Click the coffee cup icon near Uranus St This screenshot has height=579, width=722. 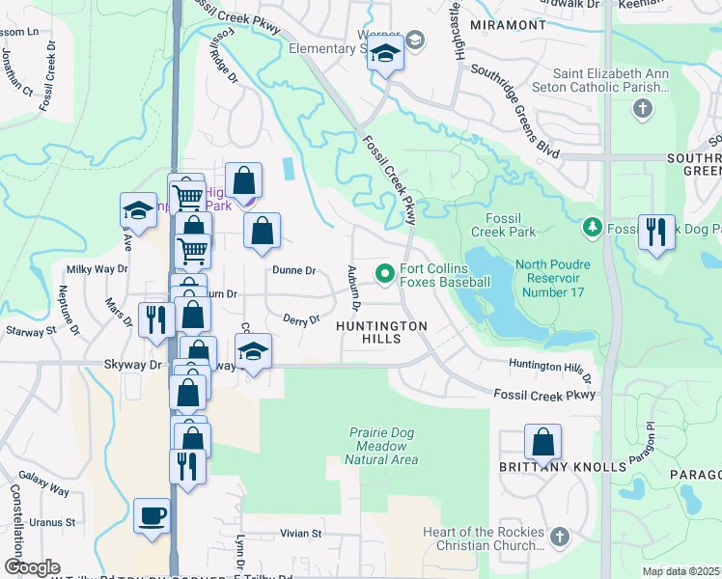[x=153, y=515]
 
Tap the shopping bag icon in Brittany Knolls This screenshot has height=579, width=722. [x=543, y=442]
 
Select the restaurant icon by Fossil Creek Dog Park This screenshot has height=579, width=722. [x=656, y=232]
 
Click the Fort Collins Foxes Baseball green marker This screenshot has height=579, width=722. [x=386, y=275]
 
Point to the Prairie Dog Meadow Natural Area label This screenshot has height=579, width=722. [x=384, y=446]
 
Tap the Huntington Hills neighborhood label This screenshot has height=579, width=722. [x=381, y=334]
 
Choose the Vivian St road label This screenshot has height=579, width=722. [x=300, y=534]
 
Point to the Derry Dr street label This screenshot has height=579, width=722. [x=301, y=319]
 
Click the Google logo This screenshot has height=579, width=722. [x=32, y=567]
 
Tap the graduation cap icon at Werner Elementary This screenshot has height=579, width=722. [x=384, y=55]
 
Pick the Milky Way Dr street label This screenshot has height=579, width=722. [x=91, y=269]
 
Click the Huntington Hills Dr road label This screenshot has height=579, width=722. [x=549, y=366]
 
